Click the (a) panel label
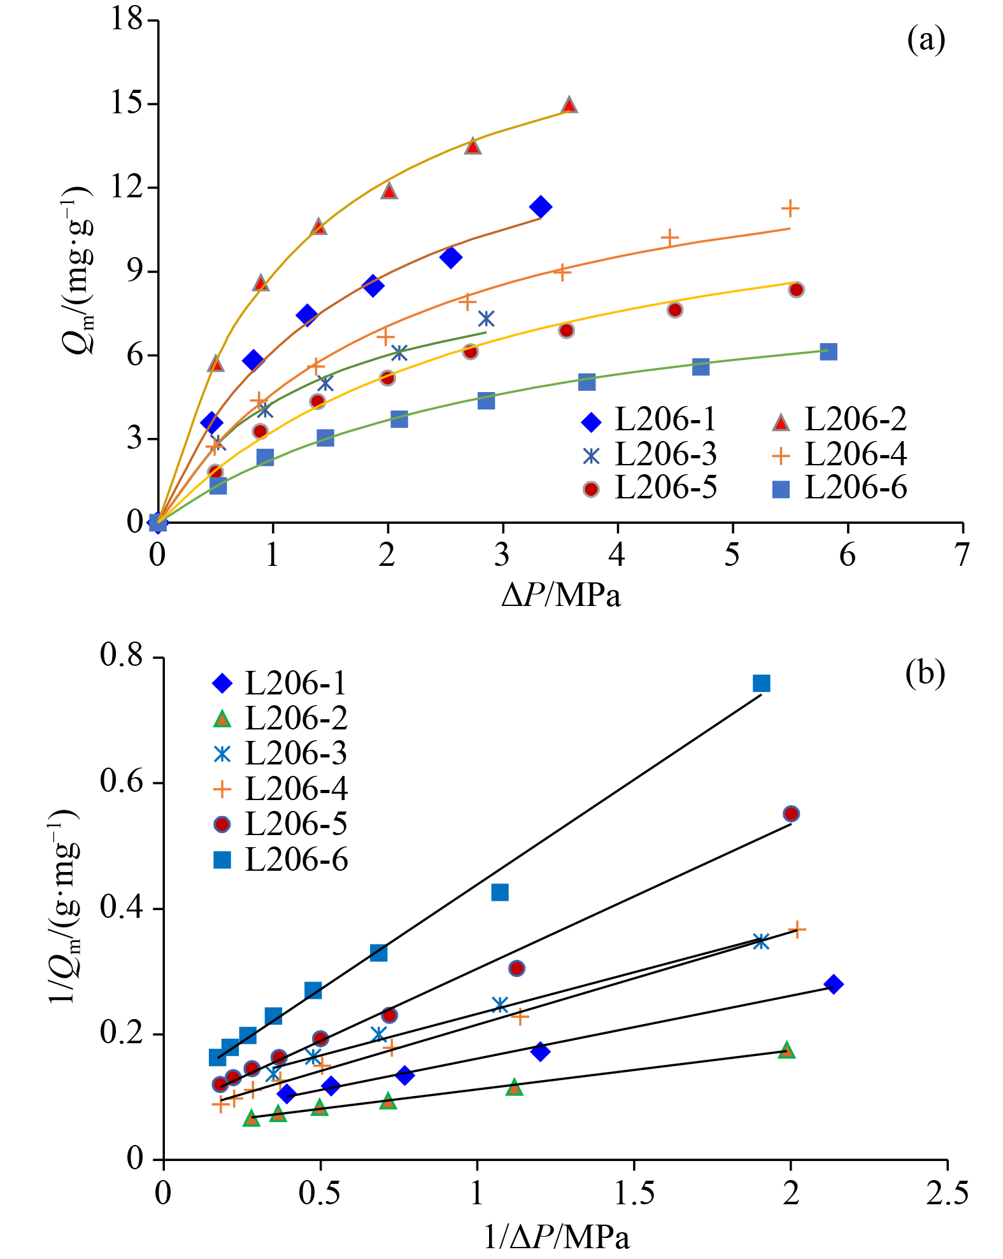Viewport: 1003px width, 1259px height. click(925, 40)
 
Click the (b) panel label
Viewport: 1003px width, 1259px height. click(925, 672)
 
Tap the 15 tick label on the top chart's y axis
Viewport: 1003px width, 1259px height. click(127, 103)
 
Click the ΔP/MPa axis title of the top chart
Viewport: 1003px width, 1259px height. click(560, 595)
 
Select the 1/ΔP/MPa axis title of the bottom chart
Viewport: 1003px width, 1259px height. click(557, 1237)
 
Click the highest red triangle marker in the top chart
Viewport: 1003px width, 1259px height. click(569, 105)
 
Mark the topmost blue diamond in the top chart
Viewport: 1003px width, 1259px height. click(541, 207)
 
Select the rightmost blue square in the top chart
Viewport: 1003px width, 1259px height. click(828, 352)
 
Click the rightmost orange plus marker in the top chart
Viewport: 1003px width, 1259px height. click(790, 208)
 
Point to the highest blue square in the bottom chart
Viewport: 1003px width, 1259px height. click(762, 683)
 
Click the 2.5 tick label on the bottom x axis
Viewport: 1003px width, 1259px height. click(947, 1192)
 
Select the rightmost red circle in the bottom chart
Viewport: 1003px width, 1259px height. click(791, 813)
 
